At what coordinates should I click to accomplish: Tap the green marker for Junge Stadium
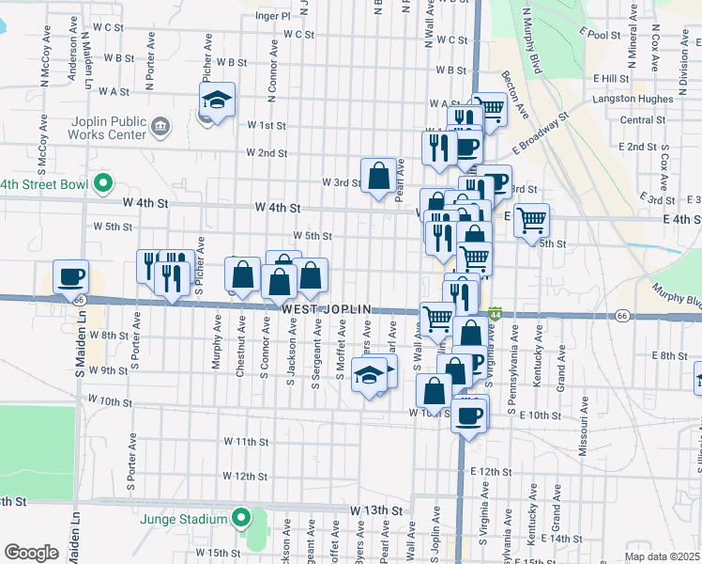pyautogui.click(x=241, y=518)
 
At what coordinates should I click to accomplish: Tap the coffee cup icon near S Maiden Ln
pyautogui.click(x=70, y=276)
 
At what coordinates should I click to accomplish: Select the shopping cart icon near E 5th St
pyautogui.click(x=531, y=220)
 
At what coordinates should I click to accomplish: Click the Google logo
pyautogui.click(x=31, y=553)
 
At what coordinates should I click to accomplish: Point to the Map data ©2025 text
pyautogui.click(x=662, y=556)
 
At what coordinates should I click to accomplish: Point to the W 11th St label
pyautogui.click(x=246, y=441)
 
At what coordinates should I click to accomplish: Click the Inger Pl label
pyautogui.click(x=272, y=16)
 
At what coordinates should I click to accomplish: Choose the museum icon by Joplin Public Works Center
pyautogui.click(x=160, y=125)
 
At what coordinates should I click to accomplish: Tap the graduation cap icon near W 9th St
pyautogui.click(x=370, y=375)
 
